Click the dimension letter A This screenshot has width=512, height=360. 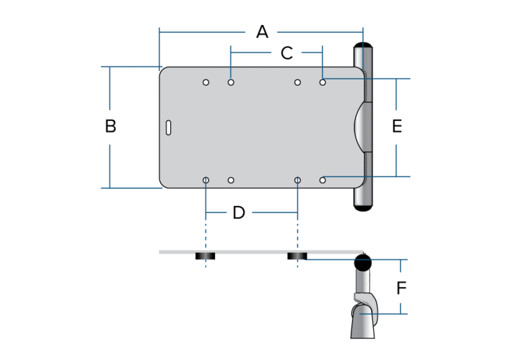coord(262,32)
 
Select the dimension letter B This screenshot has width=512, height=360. coord(110,126)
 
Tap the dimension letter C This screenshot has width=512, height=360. coord(286,53)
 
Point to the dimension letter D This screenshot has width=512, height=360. coord(239,213)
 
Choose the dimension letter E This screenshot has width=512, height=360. coord(397,126)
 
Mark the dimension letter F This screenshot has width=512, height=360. coord(401,288)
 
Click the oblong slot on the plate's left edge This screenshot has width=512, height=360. coord(168,127)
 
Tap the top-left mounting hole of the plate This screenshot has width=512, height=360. coord(206,83)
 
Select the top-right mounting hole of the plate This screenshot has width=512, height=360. coord(322,83)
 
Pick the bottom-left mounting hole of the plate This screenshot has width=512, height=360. coord(206,180)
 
